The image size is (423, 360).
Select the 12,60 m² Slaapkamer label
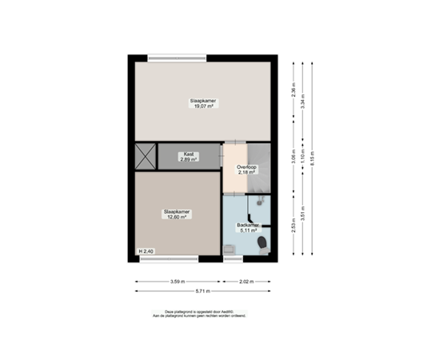176,214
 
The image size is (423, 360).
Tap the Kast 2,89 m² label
189,157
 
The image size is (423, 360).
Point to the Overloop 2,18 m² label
245,169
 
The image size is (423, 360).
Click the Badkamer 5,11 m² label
249,228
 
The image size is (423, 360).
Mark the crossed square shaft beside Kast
145,156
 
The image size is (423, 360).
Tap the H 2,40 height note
146,252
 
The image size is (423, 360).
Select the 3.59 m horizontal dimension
178,282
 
